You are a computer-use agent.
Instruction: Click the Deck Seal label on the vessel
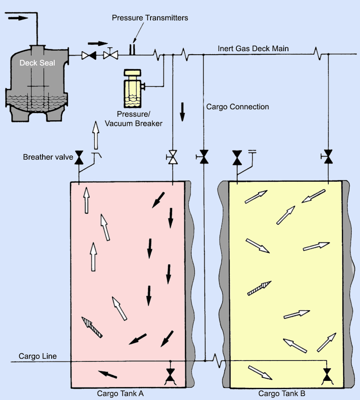37,63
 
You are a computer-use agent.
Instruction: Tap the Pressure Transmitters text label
150,18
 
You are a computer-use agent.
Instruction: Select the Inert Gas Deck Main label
253,48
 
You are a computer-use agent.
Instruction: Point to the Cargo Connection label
238,107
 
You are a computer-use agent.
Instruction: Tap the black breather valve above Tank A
79,157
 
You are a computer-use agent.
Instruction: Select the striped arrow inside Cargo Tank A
92,327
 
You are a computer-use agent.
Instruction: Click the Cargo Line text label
38,357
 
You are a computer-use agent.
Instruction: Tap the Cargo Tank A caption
120,393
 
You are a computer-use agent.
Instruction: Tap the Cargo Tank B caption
282,393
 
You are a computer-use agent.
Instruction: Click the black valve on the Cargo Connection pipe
203,157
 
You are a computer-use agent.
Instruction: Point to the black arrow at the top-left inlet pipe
18,18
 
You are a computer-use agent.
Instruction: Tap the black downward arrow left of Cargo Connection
182,112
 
